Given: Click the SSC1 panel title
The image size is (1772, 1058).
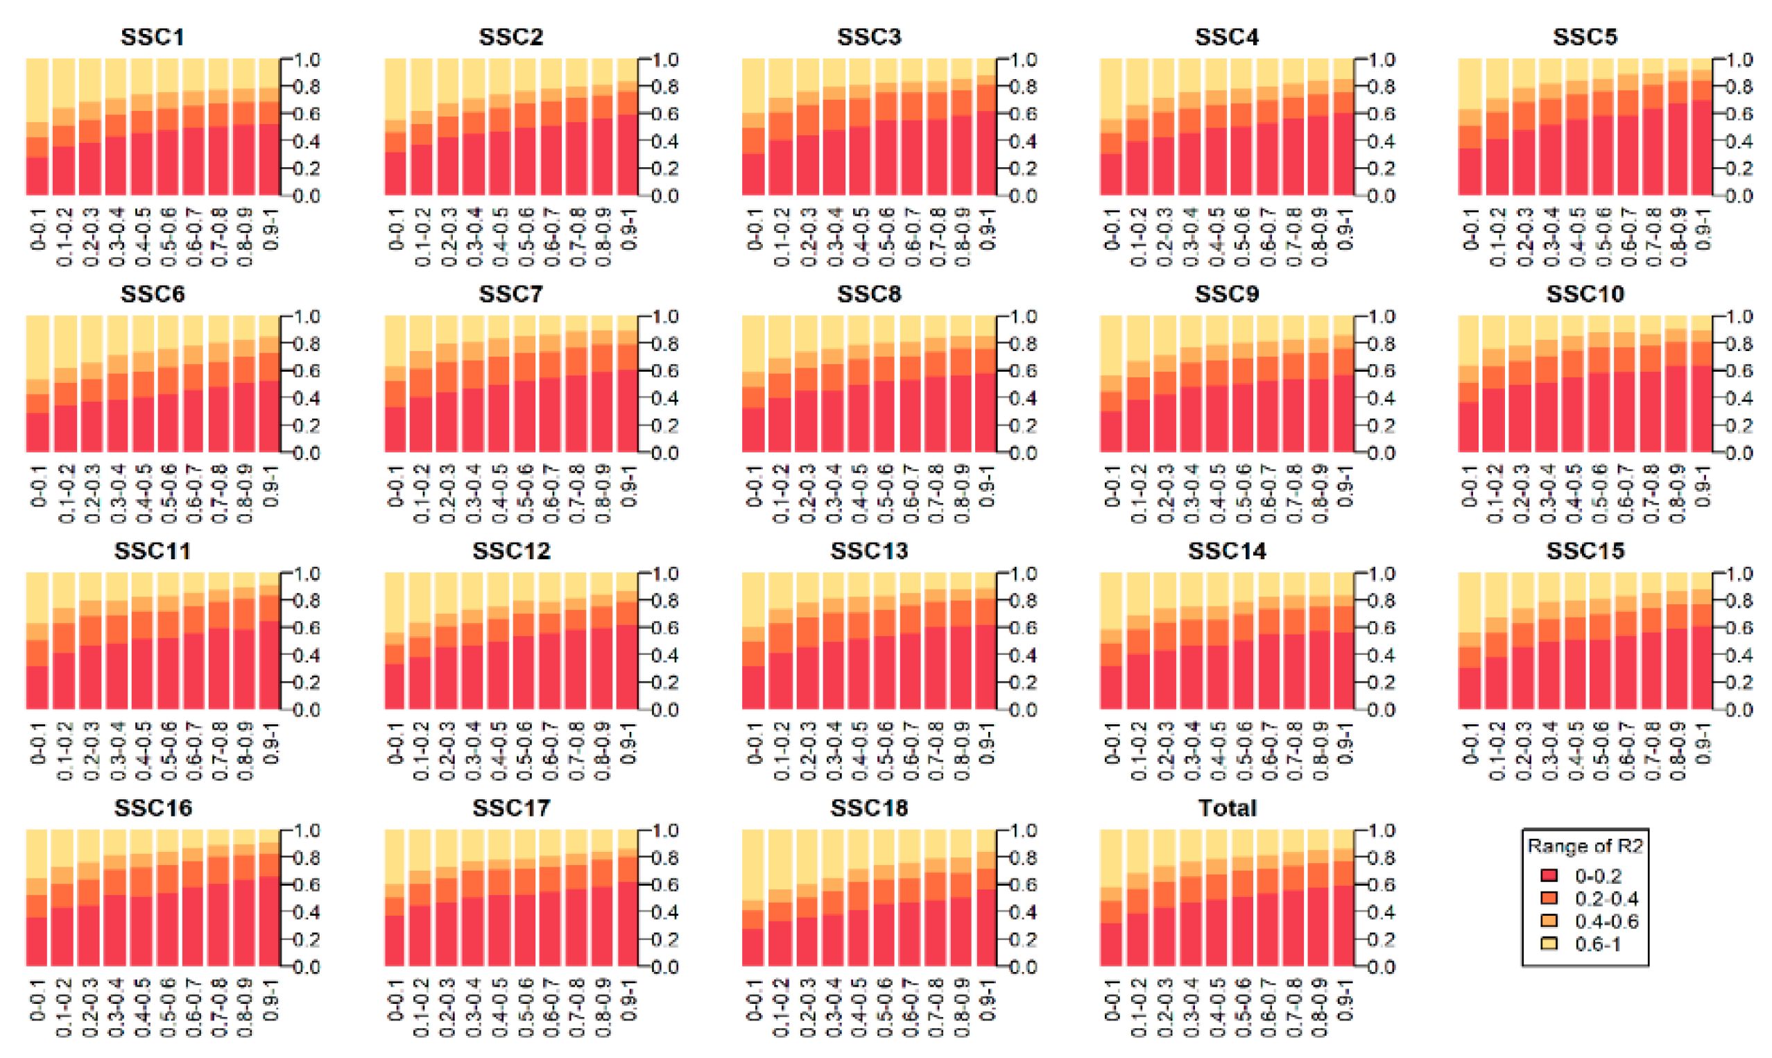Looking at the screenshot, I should point(153,37).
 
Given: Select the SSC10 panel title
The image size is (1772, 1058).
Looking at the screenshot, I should point(1585,293).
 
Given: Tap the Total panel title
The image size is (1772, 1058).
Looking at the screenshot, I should point(1227,808).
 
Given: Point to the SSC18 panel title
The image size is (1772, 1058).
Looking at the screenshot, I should point(868,808).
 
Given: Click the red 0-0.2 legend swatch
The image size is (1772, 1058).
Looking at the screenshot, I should point(1548,876).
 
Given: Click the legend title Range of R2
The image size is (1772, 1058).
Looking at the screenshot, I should point(1585,846).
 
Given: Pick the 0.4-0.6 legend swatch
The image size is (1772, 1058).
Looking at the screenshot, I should point(1548,921).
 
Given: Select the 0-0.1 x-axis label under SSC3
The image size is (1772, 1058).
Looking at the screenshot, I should point(755,230).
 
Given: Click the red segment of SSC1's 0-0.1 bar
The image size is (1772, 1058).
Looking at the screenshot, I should point(37,176).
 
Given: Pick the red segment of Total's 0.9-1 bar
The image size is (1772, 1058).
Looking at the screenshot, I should point(1343,926).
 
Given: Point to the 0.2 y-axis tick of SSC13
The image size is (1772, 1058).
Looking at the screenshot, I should point(1023,682).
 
